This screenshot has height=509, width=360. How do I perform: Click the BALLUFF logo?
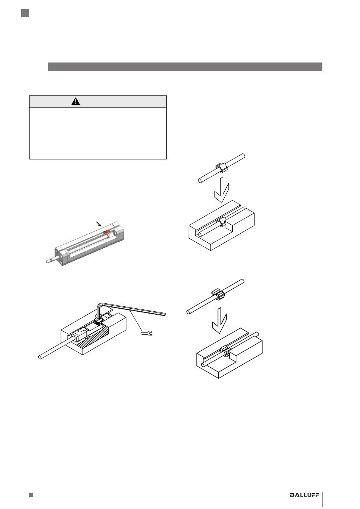305,493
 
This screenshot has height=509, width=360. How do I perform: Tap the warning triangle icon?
75,101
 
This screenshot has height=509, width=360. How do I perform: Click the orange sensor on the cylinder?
106,232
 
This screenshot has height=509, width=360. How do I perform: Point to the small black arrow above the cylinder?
99,224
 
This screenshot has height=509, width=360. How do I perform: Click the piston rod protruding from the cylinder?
51,260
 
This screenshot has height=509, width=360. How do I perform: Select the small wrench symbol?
147,333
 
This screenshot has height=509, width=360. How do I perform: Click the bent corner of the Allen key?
100,304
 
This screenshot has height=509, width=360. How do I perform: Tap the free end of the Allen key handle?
164,314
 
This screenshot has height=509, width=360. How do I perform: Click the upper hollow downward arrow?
222,189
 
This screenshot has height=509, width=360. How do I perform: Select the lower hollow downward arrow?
219,320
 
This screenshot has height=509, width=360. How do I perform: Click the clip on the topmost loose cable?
222,168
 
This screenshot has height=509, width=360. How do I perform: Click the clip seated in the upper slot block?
222,223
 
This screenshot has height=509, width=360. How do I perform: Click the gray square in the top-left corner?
25,13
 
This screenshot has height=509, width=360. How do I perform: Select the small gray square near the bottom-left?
31,493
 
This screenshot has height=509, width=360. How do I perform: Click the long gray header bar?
185,67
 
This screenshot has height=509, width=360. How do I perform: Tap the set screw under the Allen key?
98,321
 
